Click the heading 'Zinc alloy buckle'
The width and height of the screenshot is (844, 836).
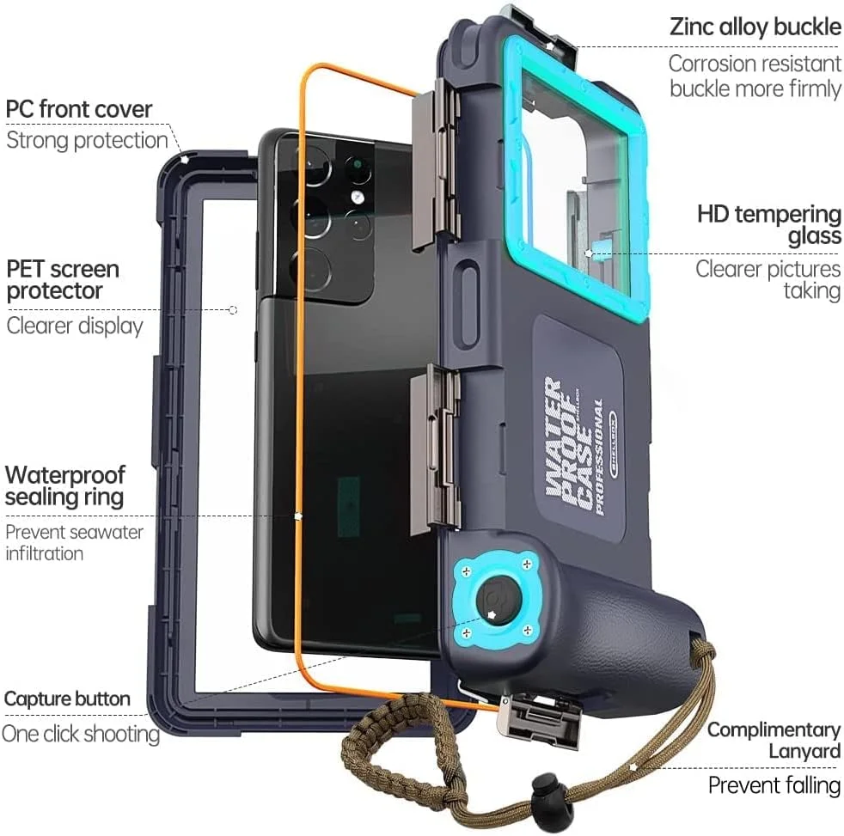(x=755, y=27)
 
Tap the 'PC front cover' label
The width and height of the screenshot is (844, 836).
(x=79, y=109)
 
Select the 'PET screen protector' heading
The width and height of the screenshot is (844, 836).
(x=63, y=280)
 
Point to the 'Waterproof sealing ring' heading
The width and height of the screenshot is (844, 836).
(x=64, y=485)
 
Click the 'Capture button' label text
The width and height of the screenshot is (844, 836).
(x=67, y=699)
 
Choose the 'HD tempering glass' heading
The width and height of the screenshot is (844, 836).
(x=769, y=225)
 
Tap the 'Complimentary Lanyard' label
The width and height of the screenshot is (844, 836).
(x=774, y=741)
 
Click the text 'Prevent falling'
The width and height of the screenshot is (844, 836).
(x=774, y=785)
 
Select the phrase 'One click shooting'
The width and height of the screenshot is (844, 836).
(x=81, y=734)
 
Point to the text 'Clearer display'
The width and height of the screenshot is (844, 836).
(x=75, y=326)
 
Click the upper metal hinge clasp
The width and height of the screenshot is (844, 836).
(x=436, y=164)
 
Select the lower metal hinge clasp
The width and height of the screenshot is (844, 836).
(x=436, y=449)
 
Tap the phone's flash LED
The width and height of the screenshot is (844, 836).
(x=355, y=197)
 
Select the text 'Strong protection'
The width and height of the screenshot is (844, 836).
(x=87, y=140)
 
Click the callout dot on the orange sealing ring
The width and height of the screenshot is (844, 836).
(x=298, y=516)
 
